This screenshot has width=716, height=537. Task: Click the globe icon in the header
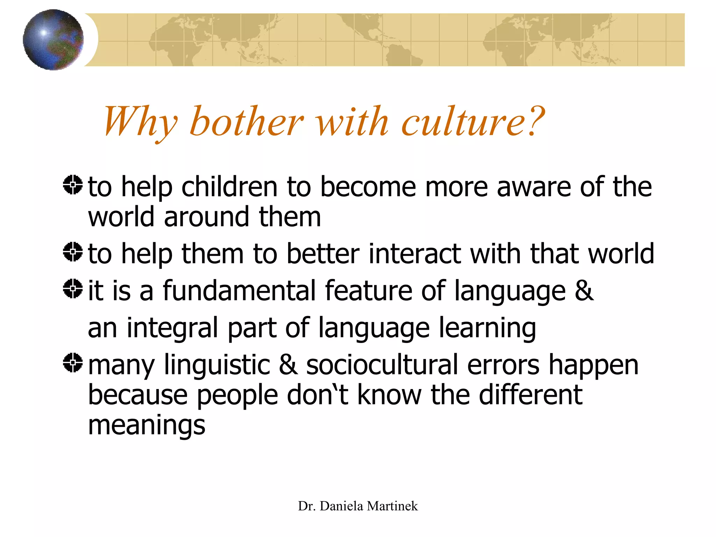pyautogui.click(x=53, y=40)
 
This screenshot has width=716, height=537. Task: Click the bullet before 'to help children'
pyautogui.click(x=73, y=185)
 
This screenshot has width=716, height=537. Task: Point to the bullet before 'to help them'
pyautogui.click(x=73, y=252)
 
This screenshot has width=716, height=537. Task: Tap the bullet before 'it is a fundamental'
pyautogui.click(x=73, y=289)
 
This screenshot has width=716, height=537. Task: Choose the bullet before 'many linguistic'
pyautogui.click(x=73, y=363)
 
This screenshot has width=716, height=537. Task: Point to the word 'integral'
pyautogui.click(x=172, y=328)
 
